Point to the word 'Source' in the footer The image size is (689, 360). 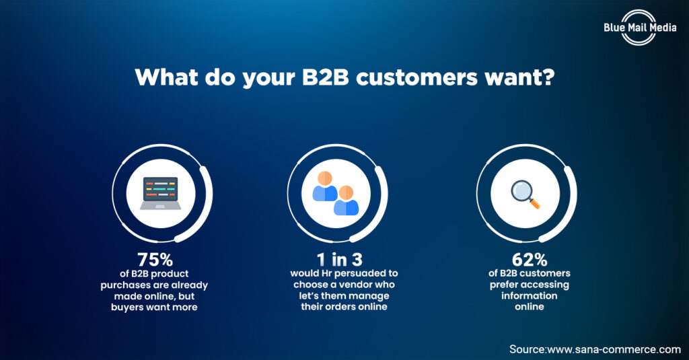click(x=527, y=349)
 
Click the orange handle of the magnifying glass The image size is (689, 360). click(x=535, y=203)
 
